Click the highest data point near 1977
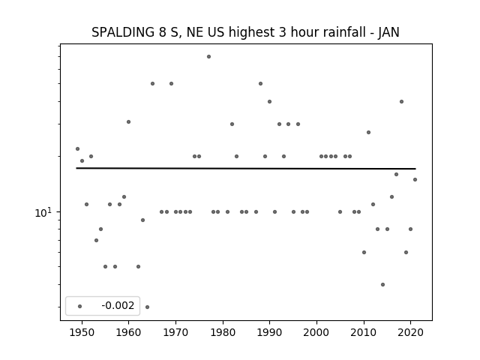[208, 57]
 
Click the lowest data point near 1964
[147, 307]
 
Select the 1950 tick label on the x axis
[82, 333]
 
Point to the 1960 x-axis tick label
[128, 333]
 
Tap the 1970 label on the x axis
[175, 333]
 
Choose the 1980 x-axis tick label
[223, 333]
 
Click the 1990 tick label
[270, 333]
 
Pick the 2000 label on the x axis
[316, 333]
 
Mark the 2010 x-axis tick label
[364, 333]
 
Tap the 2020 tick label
[411, 333]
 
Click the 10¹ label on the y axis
[43, 213]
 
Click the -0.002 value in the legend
[118, 305]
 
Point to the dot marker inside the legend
[80, 306]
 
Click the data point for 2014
[382, 285]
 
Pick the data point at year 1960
[128, 121]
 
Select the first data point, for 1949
[77, 148]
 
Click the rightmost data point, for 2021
[415, 180]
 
